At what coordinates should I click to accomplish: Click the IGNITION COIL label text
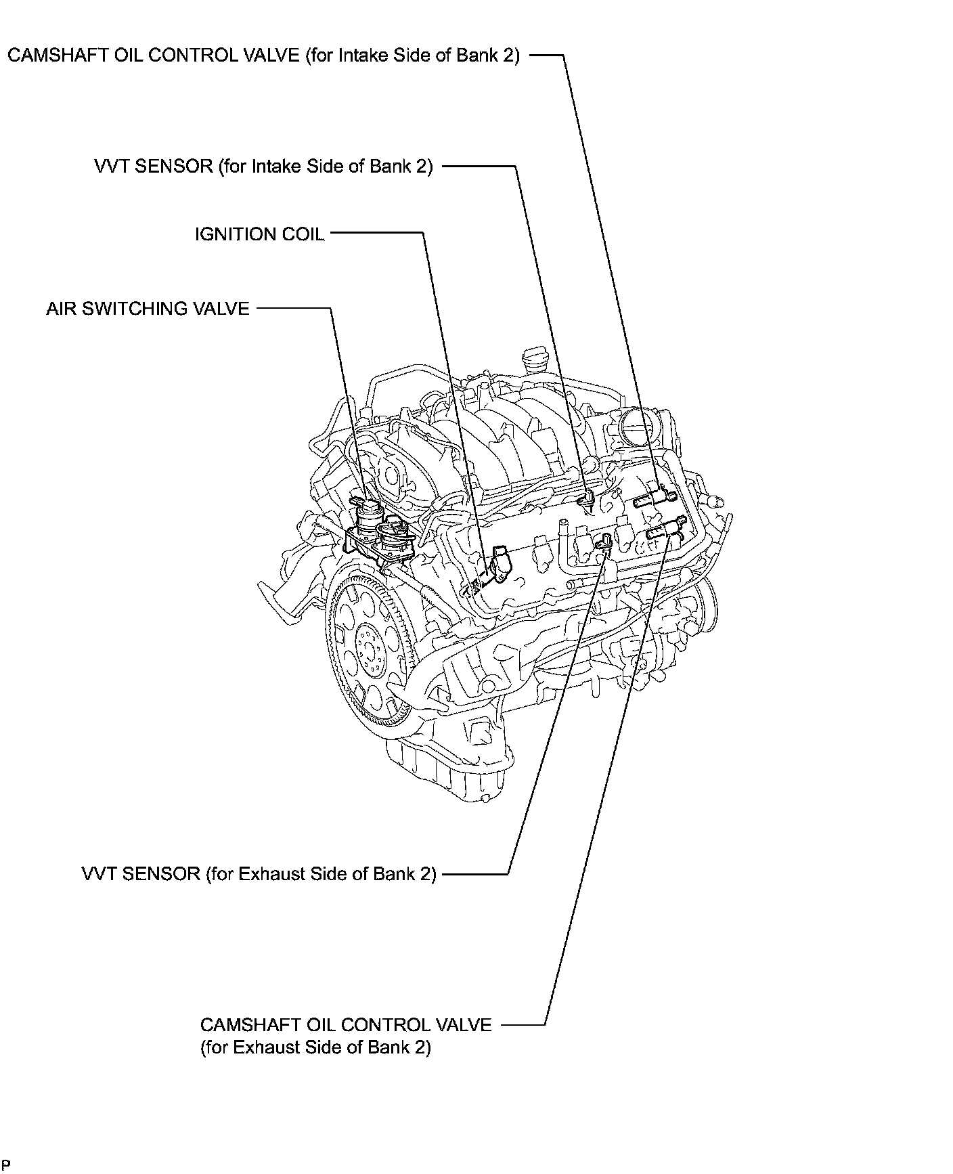[x=259, y=234]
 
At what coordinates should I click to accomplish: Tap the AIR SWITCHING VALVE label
[x=148, y=309]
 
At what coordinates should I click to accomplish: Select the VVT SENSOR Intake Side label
[x=263, y=167]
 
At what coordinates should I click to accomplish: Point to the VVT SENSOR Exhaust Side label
[x=259, y=873]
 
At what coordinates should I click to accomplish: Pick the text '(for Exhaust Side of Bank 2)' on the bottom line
[x=315, y=1047]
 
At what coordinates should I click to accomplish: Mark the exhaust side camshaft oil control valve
[x=667, y=529]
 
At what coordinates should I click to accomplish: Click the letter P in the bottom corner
[x=6, y=1165]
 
